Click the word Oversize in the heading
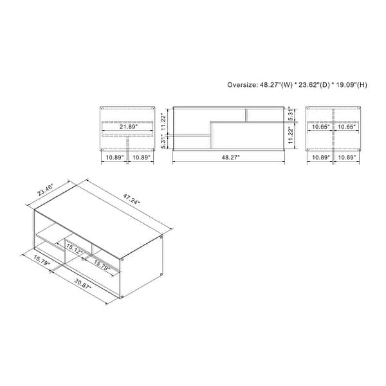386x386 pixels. pyautogui.click(x=242, y=85)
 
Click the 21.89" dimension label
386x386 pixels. pyautogui.click(x=128, y=127)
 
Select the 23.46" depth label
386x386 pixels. pyautogui.click(x=45, y=190)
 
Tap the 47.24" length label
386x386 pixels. pyautogui.click(x=131, y=199)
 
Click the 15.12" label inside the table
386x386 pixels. pyautogui.click(x=75, y=249)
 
